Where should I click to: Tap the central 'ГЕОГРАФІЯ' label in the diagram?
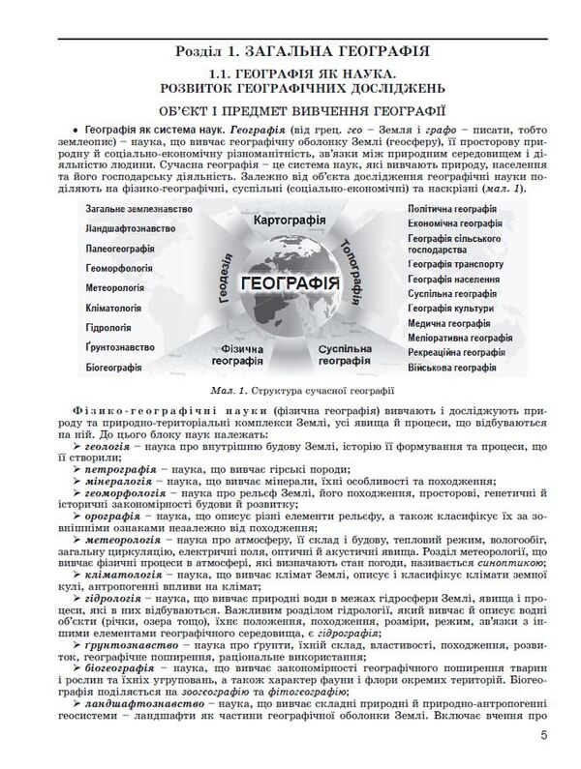[x=290, y=283]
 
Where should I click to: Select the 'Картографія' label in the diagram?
[x=288, y=222]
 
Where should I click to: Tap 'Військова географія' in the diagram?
[x=457, y=368]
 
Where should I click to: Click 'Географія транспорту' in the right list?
[x=456, y=263]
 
